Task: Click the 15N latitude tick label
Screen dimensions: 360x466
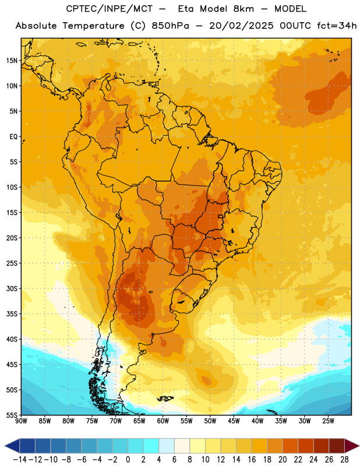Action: point(11,61)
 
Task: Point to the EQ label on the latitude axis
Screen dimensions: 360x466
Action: point(13,137)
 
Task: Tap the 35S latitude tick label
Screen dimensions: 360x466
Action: point(11,314)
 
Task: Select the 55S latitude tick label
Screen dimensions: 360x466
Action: point(11,415)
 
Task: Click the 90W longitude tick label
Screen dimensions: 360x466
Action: point(21,421)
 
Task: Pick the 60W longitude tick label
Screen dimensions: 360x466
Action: point(163,421)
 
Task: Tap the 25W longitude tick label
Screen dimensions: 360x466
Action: point(328,421)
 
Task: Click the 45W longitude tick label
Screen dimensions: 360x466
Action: point(234,421)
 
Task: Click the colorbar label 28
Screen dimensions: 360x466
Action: point(344,460)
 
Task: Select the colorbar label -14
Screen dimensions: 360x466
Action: point(20,460)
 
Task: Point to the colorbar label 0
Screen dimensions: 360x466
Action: point(128,460)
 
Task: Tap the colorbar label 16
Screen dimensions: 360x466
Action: point(252,460)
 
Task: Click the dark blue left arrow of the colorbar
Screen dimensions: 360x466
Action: point(12,446)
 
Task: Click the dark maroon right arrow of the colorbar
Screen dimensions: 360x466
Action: point(352,446)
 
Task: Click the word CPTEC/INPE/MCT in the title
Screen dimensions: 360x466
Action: point(109,9)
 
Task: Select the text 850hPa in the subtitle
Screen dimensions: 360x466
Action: point(170,26)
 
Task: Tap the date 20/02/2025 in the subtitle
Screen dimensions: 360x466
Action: point(241,26)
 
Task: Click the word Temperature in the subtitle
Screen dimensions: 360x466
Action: point(93,26)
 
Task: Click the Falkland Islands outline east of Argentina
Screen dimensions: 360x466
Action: point(165,398)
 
